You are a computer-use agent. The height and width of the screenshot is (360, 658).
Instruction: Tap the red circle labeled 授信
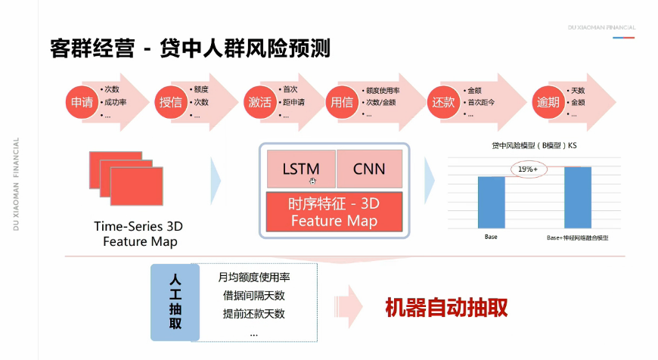tap(171, 102)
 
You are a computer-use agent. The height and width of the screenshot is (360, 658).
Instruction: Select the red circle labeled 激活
tap(259, 102)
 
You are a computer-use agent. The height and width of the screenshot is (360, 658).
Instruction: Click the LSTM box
tap(300, 169)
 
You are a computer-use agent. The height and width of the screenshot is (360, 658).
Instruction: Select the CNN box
tap(369, 169)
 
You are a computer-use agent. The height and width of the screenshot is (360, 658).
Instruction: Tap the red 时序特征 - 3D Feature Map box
tap(334, 212)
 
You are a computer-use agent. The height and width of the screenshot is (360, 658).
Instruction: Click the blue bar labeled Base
tap(491, 202)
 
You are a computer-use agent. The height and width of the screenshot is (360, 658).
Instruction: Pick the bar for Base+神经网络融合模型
tap(577, 197)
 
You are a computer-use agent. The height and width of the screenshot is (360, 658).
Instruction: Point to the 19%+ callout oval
tap(528, 170)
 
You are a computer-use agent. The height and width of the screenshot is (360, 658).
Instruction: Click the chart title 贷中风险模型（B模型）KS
tap(534, 144)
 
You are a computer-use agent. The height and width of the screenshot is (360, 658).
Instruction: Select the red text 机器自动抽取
tap(445, 307)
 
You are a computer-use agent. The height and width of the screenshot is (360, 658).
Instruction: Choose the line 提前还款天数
tap(252, 313)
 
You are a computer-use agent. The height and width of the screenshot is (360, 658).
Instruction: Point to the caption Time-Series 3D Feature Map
tap(138, 234)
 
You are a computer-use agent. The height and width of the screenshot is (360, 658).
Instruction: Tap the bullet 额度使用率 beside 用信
tap(383, 90)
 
